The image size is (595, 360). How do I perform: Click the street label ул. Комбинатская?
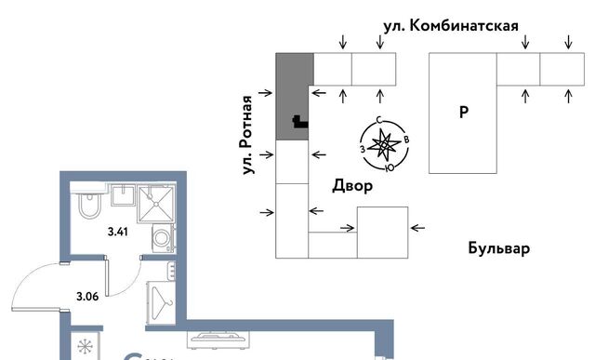point(450,25)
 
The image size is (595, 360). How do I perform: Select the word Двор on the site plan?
point(352,186)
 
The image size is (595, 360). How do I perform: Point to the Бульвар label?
point(498,249)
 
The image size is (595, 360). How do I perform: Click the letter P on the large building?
point(463,113)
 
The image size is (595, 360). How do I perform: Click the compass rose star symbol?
point(383,144)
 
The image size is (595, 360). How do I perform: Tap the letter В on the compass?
point(407,140)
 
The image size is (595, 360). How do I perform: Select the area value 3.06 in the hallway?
point(87,298)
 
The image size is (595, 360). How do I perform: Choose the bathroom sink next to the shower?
point(123,195)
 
